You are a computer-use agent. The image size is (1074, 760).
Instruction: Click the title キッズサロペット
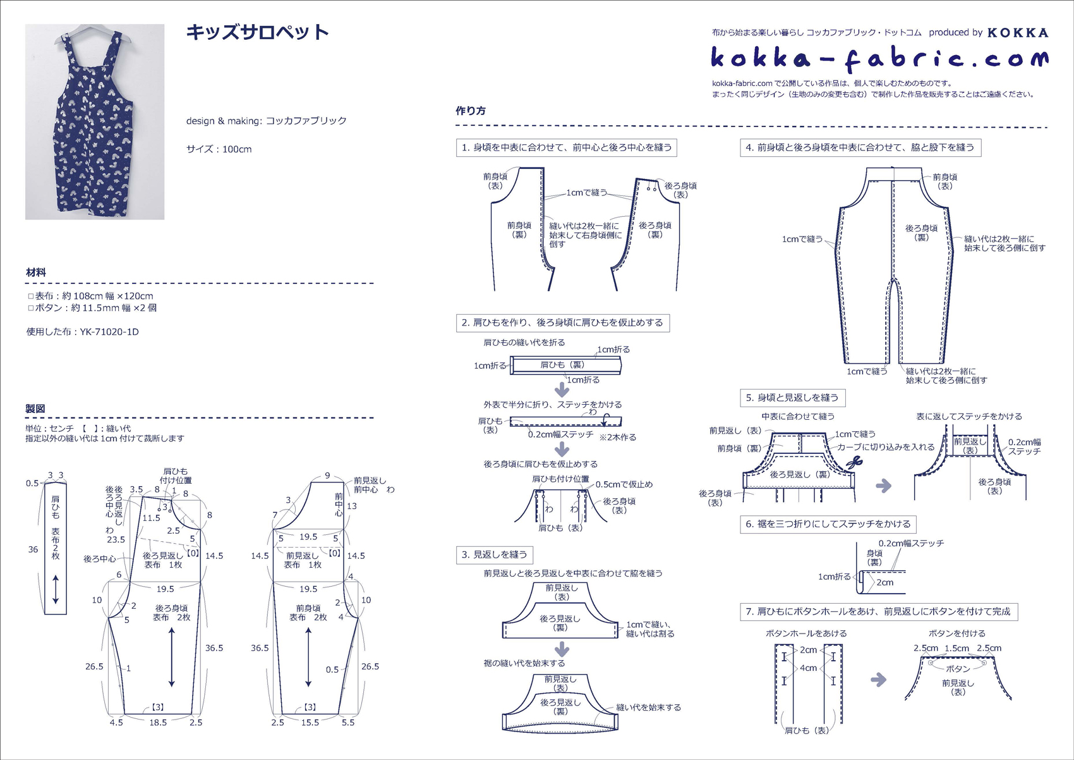point(257,32)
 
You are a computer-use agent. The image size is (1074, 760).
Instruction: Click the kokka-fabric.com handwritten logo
point(879,58)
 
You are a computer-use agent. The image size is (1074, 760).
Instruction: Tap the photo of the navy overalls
point(95,122)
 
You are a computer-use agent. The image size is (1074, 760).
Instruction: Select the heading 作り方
point(471,111)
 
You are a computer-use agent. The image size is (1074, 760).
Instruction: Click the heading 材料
point(36,273)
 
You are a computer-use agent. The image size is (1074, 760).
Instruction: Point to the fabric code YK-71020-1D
point(109,332)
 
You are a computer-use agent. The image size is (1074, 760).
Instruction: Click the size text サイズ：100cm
point(219,149)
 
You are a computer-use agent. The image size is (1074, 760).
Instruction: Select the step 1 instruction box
point(567,148)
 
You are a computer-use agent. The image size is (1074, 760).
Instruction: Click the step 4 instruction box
point(860,148)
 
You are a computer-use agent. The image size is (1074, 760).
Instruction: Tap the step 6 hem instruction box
point(828,524)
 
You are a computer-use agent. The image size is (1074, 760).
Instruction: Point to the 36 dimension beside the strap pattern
point(33,549)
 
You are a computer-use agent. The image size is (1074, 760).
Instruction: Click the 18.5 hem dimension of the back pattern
point(158,723)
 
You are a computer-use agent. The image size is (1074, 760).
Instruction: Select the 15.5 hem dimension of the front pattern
point(310,723)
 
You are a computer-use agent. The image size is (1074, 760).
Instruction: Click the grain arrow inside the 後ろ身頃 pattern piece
point(172,658)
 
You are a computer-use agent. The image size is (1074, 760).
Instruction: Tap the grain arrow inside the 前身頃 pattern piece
point(308,658)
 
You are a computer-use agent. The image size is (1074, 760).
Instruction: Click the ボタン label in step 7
point(958,669)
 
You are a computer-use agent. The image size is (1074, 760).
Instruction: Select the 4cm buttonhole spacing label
point(808,668)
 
